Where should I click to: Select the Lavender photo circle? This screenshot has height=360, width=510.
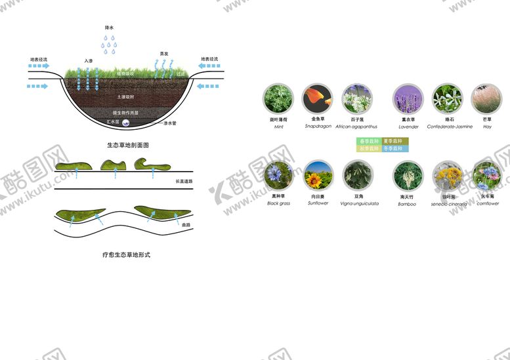(408, 99)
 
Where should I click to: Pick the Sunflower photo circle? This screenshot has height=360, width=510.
(317, 176)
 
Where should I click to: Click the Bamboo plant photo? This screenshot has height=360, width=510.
(408, 176)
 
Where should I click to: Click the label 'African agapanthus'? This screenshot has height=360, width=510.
(356, 127)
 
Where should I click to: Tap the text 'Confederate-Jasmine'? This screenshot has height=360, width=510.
(449, 127)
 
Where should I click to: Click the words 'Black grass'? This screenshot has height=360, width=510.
(278, 203)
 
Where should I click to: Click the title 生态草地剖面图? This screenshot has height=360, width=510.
(128, 144)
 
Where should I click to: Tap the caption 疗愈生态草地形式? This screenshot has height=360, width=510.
(128, 254)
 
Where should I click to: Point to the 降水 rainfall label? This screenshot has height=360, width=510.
(110, 28)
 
